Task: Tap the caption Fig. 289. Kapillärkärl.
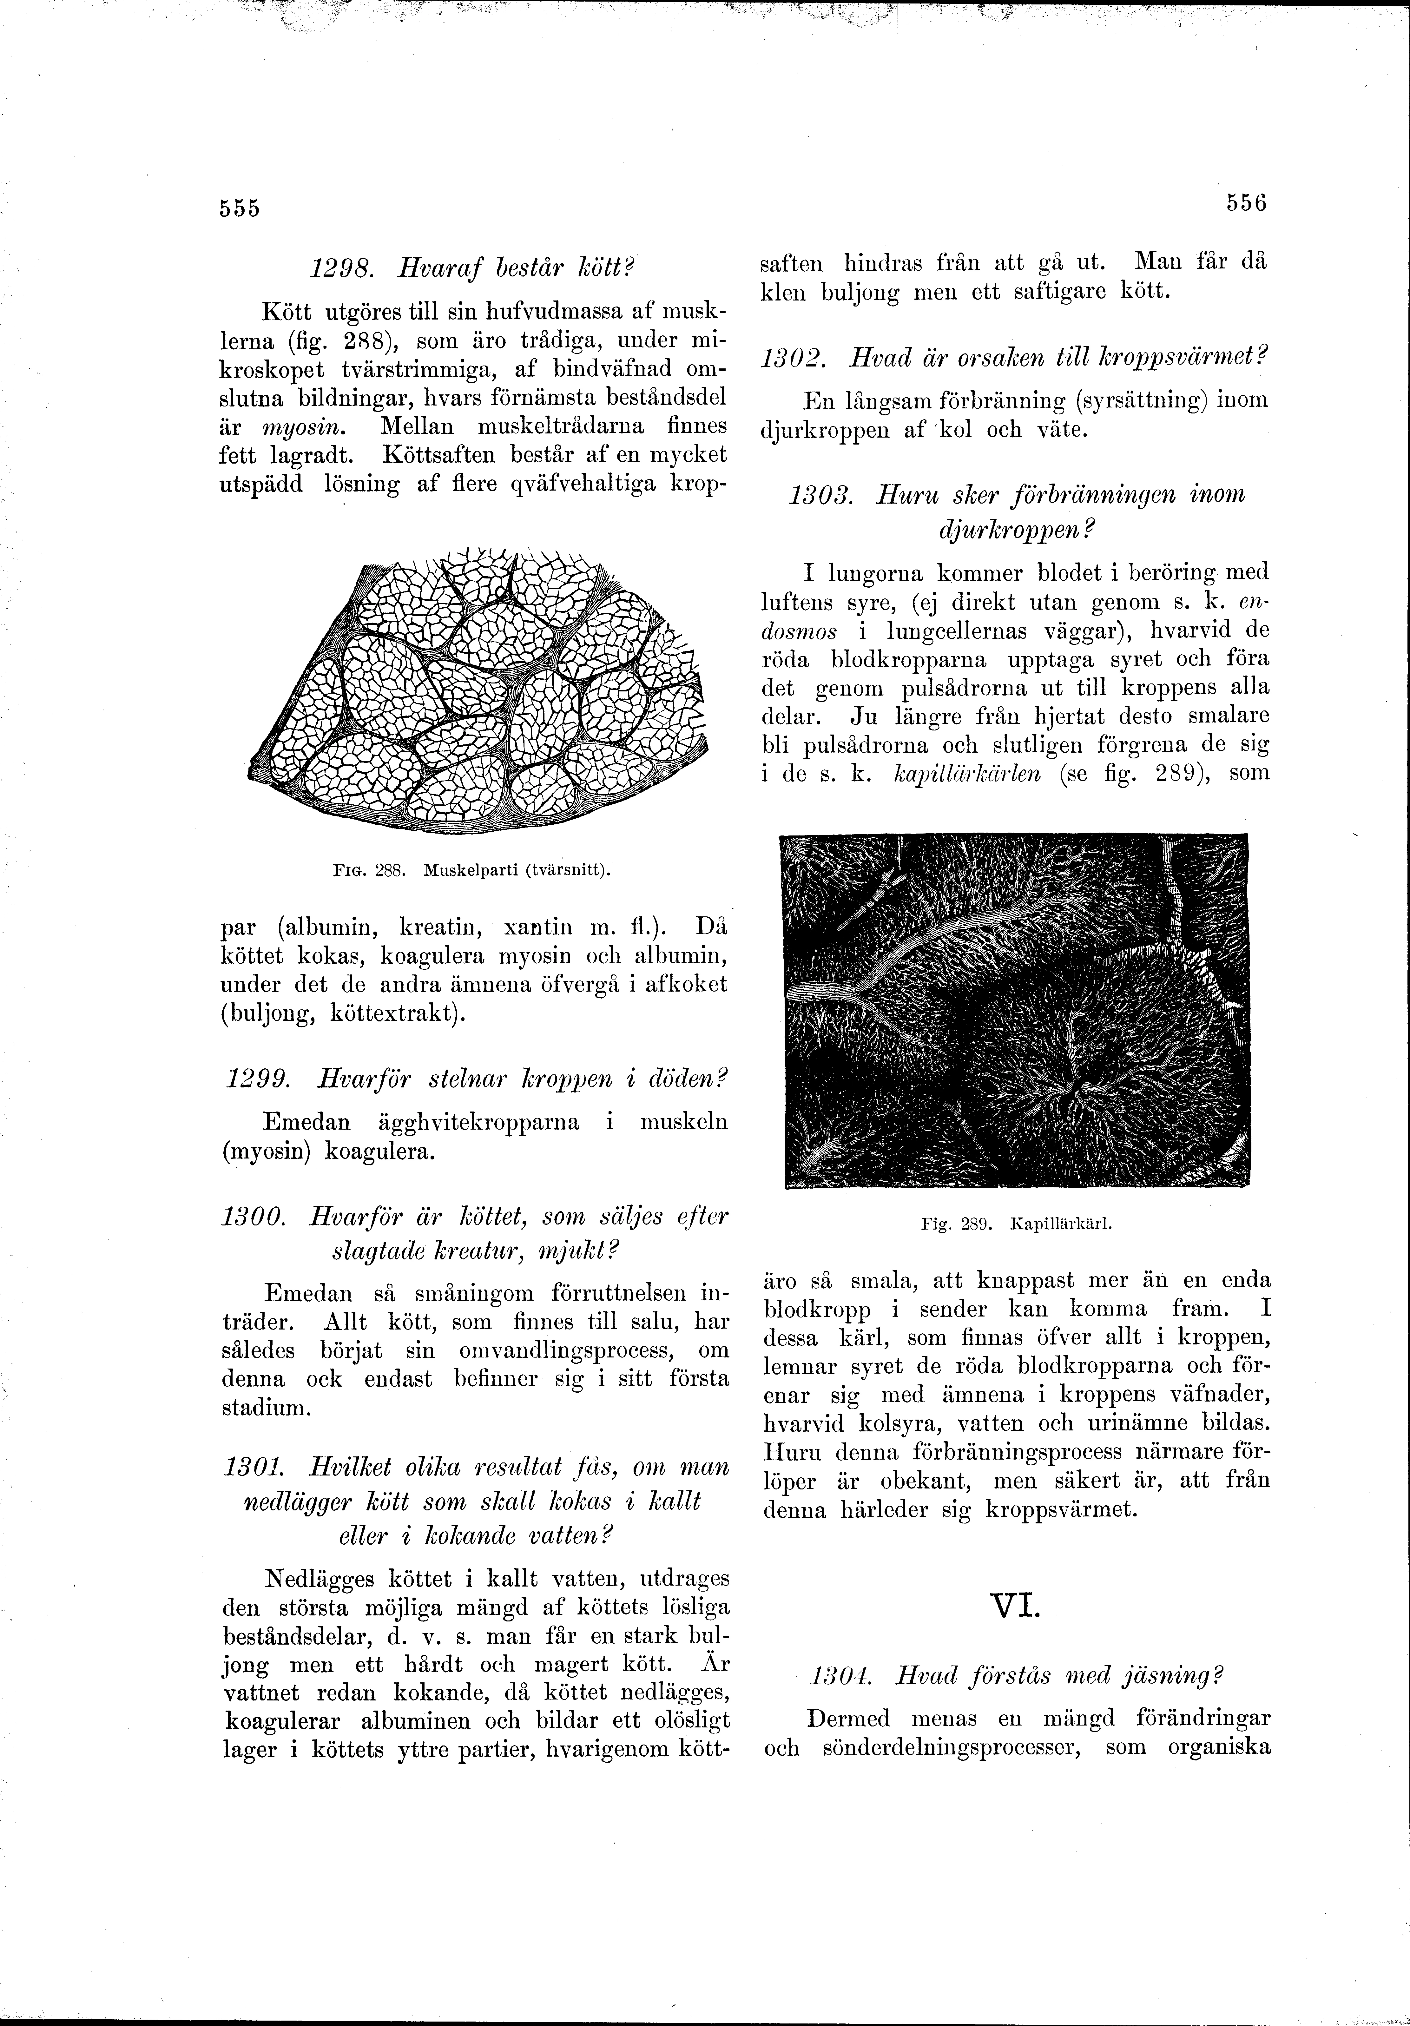click(x=1015, y=1225)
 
